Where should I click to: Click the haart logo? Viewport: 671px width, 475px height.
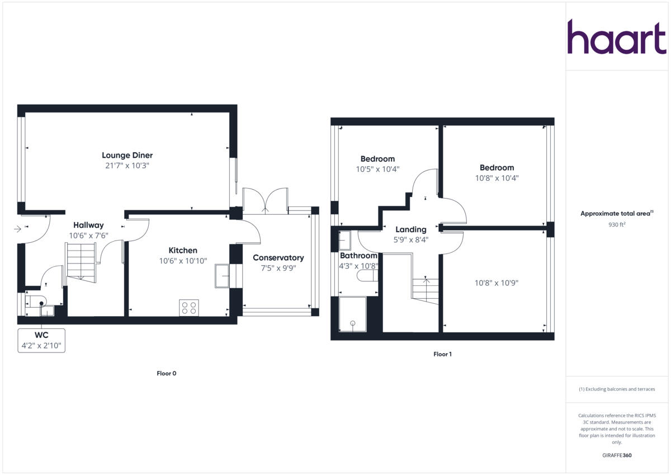click(617, 37)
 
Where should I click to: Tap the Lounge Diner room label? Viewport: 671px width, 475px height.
click(127, 155)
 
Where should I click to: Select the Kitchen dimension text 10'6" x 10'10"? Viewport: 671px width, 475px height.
click(183, 261)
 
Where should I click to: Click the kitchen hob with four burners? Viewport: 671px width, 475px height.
click(189, 308)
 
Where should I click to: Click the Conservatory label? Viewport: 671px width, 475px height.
click(278, 257)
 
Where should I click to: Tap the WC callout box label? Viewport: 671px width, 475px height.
click(41, 335)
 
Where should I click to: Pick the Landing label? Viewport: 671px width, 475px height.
click(411, 229)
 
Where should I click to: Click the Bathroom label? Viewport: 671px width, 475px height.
click(358, 256)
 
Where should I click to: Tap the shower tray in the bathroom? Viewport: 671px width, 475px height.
click(352, 313)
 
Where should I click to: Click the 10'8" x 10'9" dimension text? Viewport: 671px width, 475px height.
click(496, 283)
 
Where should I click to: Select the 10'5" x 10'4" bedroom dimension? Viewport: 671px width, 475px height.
click(377, 169)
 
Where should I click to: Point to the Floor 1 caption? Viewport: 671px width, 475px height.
click(442, 354)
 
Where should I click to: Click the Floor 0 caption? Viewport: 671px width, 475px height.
click(166, 373)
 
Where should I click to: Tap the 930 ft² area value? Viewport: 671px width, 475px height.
click(616, 224)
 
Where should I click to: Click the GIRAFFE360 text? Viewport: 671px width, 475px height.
click(616, 455)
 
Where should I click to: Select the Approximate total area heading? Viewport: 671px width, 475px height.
click(616, 214)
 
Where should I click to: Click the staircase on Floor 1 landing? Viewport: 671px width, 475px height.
click(426, 290)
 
